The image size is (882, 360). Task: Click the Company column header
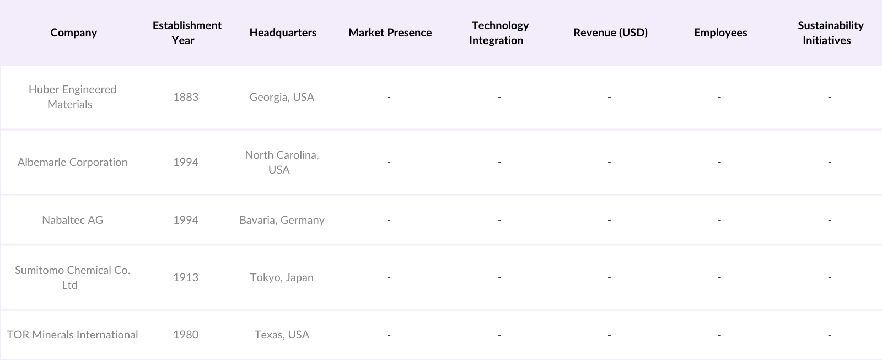click(x=73, y=33)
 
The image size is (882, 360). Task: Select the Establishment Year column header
click(x=187, y=33)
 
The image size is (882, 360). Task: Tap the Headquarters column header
click(x=283, y=33)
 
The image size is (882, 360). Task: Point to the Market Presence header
click(x=390, y=33)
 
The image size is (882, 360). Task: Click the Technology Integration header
click(x=498, y=33)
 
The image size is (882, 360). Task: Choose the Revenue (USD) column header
click(x=610, y=33)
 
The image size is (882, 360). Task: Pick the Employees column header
click(x=720, y=33)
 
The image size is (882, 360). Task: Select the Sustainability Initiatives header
click(x=829, y=33)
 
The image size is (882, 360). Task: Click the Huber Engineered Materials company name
click(x=72, y=96)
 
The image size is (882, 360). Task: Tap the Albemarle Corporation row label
click(x=72, y=162)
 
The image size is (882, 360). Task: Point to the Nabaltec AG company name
click(x=72, y=220)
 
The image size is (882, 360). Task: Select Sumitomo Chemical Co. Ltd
click(x=72, y=277)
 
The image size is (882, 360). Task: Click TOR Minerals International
click(x=72, y=335)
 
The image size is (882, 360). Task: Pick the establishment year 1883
click(x=185, y=97)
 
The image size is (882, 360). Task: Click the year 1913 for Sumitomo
click(x=185, y=277)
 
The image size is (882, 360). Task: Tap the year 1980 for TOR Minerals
click(x=185, y=335)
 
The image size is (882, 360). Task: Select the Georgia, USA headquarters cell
click(x=282, y=97)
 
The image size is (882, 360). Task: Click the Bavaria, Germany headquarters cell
click(x=282, y=220)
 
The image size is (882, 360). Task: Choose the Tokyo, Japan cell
click(x=282, y=277)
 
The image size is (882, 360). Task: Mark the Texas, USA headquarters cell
click(x=282, y=335)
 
